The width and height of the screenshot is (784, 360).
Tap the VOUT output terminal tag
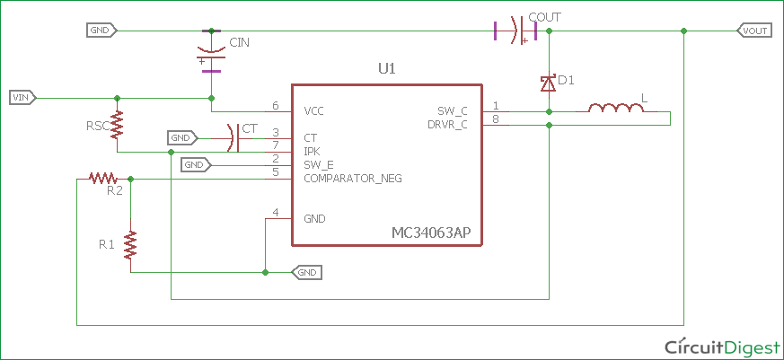(x=753, y=31)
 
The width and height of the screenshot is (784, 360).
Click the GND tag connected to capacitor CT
(x=181, y=138)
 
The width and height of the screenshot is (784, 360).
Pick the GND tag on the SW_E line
(x=195, y=165)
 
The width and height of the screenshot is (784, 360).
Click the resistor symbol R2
(x=103, y=179)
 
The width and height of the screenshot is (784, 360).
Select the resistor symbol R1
(x=131, y=244)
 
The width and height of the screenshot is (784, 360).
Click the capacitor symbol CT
(x=233, y=138)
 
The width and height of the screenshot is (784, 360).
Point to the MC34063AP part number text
(x=431, y=233)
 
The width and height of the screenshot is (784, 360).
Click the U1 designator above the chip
(x=386, y=69)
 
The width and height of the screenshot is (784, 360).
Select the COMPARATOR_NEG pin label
(x=352, y=179)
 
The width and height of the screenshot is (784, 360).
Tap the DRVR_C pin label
(x=446, y=125)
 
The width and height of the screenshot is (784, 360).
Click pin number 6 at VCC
(x=276, y=106)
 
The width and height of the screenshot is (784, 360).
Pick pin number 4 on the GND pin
(x=276, y=213)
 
